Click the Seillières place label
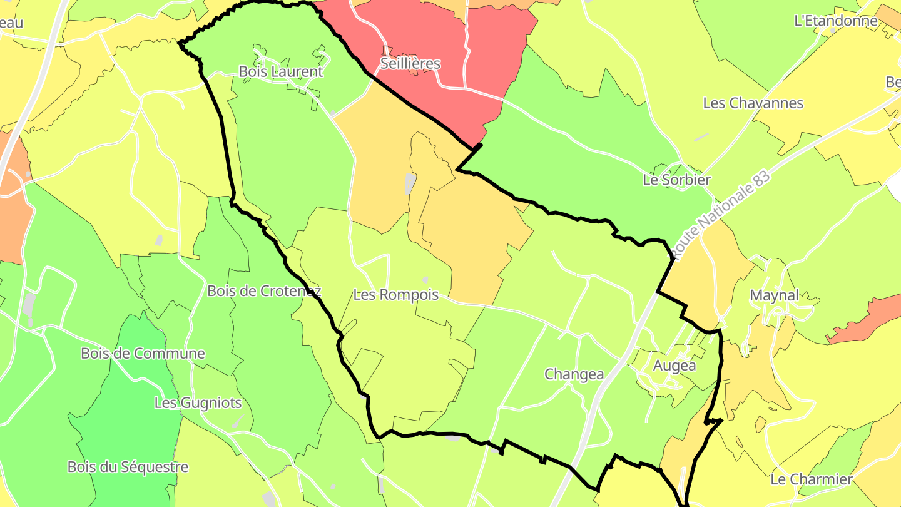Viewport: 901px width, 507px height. pos(410,64)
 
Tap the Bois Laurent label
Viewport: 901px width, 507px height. pos(281,71)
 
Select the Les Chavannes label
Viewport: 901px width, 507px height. pos(753,103)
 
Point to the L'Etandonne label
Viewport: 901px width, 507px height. pos(835,21)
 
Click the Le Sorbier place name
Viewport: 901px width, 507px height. pos(676,180)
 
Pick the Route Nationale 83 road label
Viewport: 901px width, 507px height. pos(722,210)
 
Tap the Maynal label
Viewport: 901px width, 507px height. pos(774,295)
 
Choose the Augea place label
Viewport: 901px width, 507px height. pos(674,366)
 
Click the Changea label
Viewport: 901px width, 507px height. pos(574,374)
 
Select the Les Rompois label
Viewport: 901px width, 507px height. pos(396,295)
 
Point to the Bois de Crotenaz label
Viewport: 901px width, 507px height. pos(264,291)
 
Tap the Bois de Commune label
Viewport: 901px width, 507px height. pos(143,353)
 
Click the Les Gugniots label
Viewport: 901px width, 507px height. pos(198,402)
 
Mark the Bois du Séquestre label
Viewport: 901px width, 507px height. pos(128,467)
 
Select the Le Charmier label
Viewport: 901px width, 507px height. pos(812,479)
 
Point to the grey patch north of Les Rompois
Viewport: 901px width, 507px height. pos(410,183)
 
